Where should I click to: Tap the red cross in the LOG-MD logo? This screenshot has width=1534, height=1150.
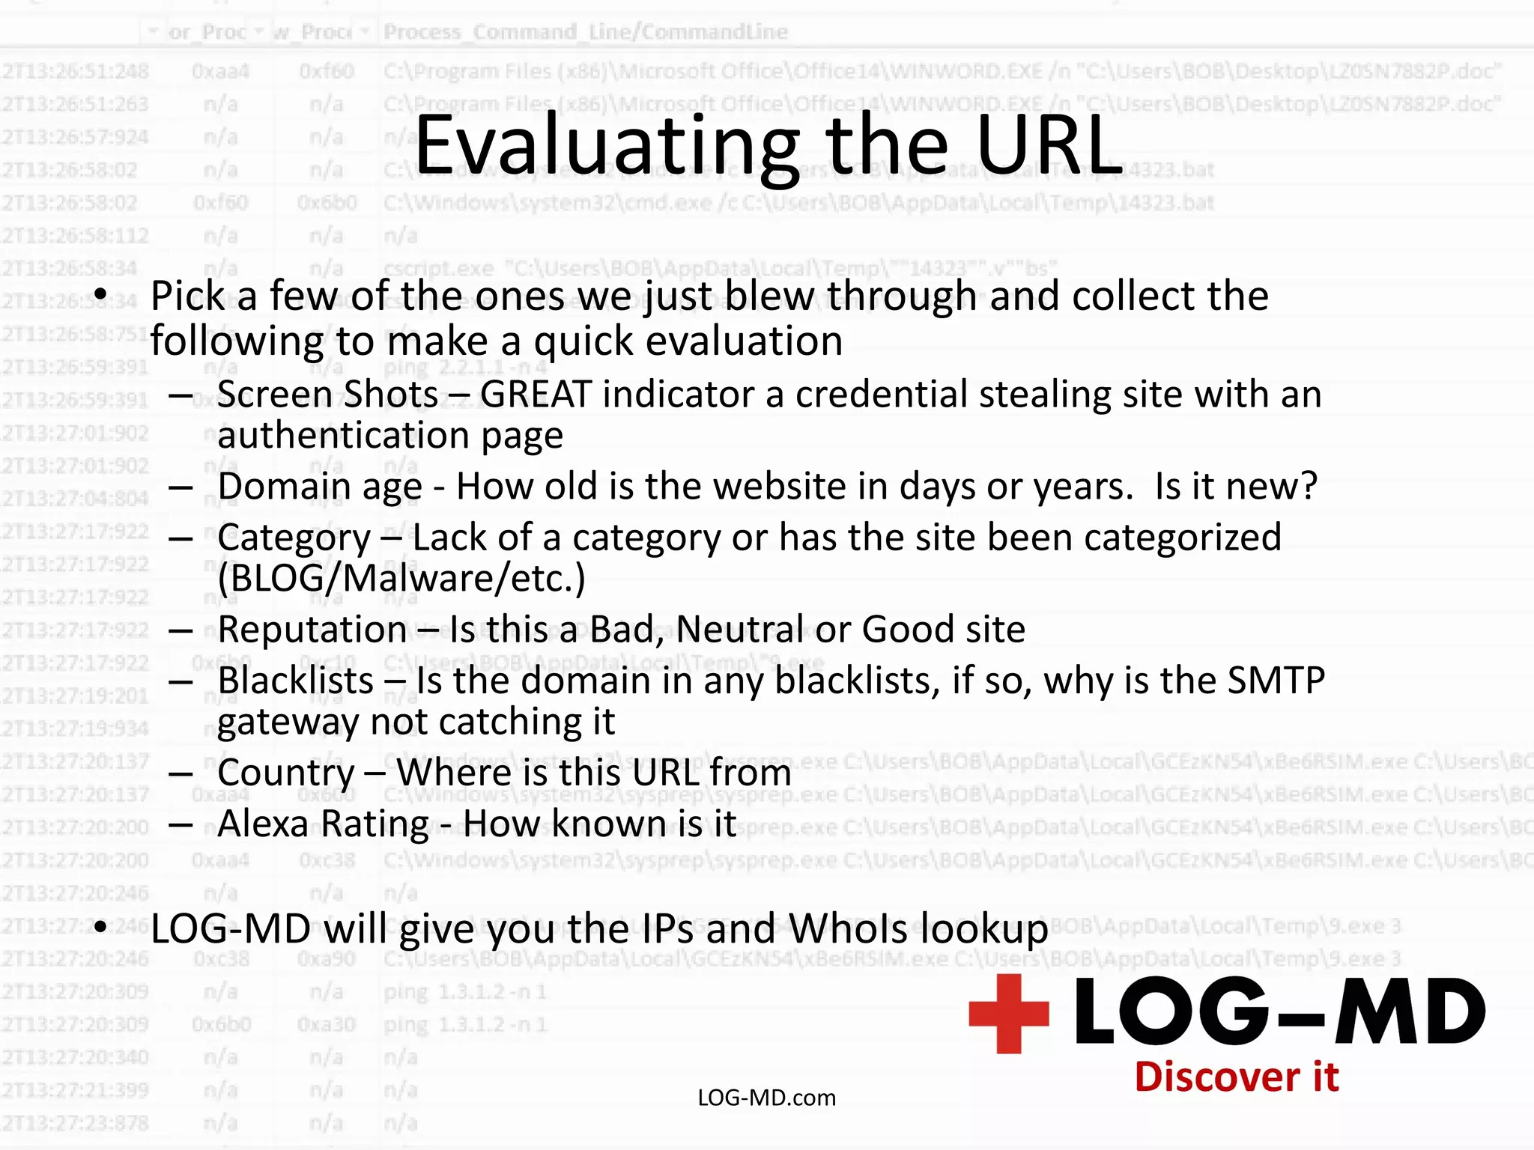point(1008,1013)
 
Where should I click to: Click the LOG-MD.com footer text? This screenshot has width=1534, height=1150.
point(766,1098)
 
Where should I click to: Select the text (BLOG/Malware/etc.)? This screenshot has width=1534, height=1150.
point(401,579)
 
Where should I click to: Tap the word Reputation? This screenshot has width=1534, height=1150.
point(312,630)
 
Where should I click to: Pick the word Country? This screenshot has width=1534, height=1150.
point(286,773)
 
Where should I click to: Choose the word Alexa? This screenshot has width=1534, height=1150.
point(263,824)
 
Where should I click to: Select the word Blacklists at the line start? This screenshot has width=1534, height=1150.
point(296,681)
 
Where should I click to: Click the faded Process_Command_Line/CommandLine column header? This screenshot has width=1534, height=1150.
point(586,32)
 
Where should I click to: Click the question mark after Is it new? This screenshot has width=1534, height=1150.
point(1307,487)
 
